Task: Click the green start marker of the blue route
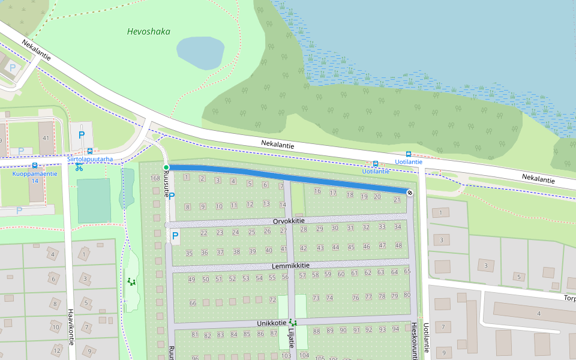(166, 167)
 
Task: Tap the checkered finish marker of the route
(410, 193)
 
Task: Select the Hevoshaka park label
(149, 31)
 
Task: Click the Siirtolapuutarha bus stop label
(90, 160)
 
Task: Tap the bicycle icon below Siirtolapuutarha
(79, 167)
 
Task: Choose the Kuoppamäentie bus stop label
(35, 173)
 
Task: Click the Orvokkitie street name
(290, 221)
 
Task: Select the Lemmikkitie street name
(290, 265)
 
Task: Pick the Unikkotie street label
(271, 323)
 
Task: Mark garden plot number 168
(155, 178)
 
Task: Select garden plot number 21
(397, 200)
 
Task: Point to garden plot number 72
(272, 299)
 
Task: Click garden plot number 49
(191, 280)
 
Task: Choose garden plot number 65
(407, 271)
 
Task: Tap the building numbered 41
(45, 138)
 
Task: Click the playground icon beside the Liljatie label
(292, 323)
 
